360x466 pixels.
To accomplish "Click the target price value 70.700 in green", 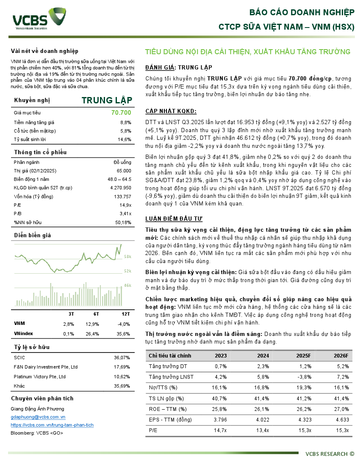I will click(x=121, y=113).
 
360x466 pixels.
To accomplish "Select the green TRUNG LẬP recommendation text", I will click(x=107, y=100).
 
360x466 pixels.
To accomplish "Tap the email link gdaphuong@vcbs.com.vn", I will click(x=38, y=417).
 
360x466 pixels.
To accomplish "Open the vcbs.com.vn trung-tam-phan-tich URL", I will click(x=52, y=425).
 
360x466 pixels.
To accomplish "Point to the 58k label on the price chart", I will click(x=127, y=257).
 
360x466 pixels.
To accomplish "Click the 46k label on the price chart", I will click(x=127, y=285).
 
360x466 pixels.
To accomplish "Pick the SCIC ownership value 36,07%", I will click(x=122, y=358).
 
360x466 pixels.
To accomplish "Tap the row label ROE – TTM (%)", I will click(x=168, y=409).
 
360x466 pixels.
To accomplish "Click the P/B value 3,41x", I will click(x=125, y=213).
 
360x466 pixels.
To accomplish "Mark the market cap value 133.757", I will click(x=123, y=197).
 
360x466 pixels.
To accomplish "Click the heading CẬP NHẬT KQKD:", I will click(x=171, y=111).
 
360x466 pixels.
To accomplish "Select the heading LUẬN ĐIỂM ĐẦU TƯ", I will click(x=174, y=219).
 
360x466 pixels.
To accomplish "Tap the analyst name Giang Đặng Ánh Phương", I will click(x=38, y=409).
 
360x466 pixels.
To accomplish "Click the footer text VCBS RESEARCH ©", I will click(x=330, y=454).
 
